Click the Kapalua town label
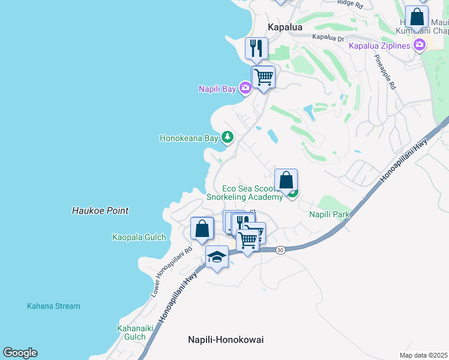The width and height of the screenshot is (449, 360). tap(285, 28)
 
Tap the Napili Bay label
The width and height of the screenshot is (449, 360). tap(217, 89)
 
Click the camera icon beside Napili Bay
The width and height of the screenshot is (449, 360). tap(245, 89)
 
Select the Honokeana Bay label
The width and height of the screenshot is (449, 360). tap(188, 138)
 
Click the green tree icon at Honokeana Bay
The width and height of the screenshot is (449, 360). tap(228, 137)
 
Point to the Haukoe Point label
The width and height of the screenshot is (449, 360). tap(100, 211)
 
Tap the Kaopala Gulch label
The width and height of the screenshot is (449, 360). tap(139, 237)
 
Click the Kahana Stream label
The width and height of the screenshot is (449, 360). tap(53, 306)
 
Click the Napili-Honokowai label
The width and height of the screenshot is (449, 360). tap(226, 339)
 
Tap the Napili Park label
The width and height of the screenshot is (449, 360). tap(330, 214)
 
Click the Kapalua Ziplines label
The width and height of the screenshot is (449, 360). tap(379, 46)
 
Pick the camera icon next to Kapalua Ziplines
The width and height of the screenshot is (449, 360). tap(419, 45)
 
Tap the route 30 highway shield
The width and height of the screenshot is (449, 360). tap(280, 250)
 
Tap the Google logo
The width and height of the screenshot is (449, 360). tap(20, 353)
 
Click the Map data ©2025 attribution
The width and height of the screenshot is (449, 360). tap(424, 355)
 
